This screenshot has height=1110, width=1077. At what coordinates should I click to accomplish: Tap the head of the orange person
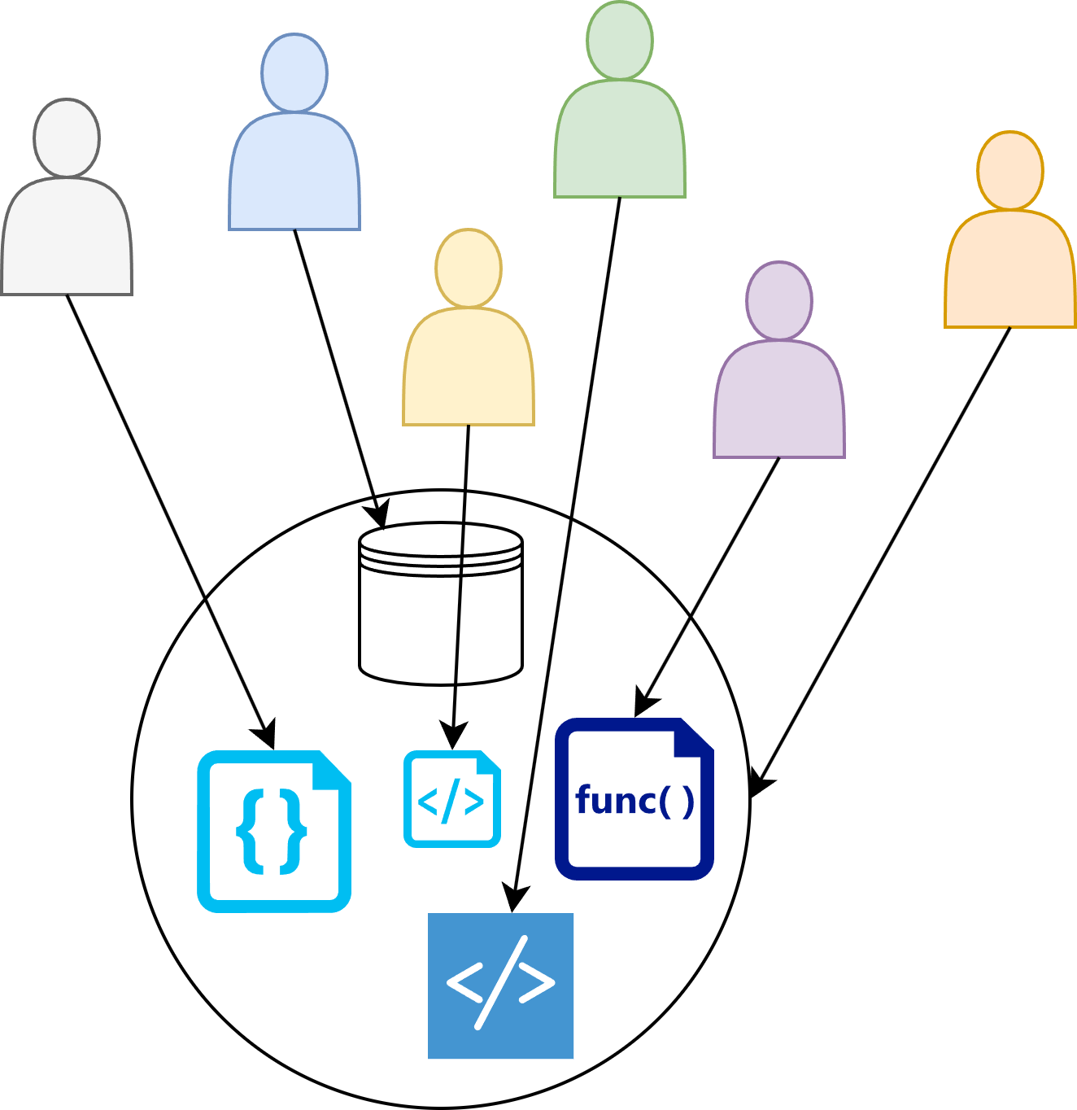click(1010, 170)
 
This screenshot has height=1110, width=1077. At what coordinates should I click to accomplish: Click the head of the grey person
click(67, 138)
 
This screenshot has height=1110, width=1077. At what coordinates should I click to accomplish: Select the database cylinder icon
click(441, 602)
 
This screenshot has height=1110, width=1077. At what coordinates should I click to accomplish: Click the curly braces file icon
click(274, 831)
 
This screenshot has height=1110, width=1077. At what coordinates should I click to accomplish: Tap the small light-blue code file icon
click(451, 799)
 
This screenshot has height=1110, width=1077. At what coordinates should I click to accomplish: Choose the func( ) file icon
click(634, 798)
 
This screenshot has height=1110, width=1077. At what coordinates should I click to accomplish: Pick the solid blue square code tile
click(500, 985)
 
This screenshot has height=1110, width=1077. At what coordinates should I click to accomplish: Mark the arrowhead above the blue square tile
click(515, 900)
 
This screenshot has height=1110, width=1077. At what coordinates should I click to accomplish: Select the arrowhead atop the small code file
click(452, 736)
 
